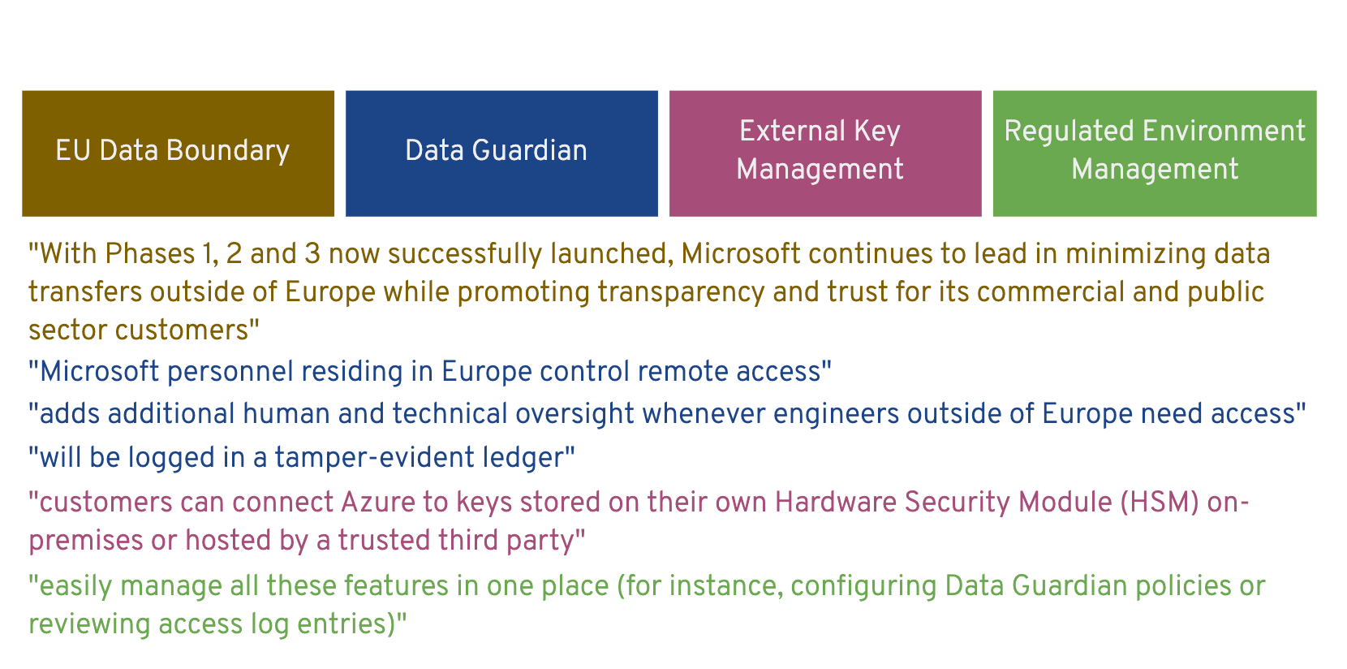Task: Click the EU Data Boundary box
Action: [x=178, y=153]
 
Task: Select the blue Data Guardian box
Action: [x=501, y=153]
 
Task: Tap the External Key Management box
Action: [x=825, y=153]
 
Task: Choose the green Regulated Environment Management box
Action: [x=1155, y=153]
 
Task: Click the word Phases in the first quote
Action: [x=150, y=254]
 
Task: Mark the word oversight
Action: [x=575, y=415]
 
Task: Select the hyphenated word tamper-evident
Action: [x=375, y=458]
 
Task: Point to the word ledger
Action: [x=524, y=459]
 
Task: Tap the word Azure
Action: [x=377, y=503]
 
